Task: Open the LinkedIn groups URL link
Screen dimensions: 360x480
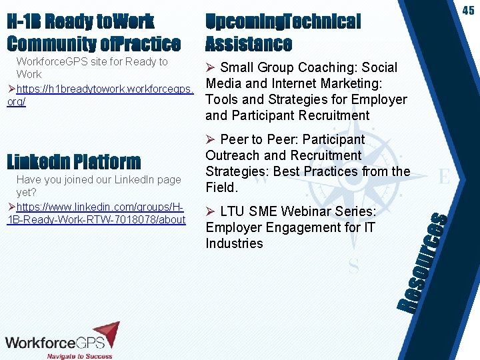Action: click(96, 213)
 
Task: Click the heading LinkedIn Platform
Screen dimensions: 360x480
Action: click(74, 161)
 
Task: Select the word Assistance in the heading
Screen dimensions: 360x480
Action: click(249, 44)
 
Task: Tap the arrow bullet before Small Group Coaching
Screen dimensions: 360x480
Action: click(211, 68)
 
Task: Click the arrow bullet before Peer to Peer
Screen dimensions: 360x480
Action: click(211, 140)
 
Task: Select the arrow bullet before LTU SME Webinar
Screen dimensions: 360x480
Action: click(211, 212)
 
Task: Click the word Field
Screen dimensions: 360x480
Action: click(221, 187)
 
